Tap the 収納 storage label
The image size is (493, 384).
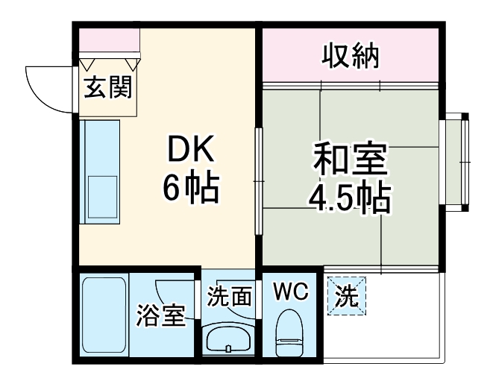[x=351, y=55]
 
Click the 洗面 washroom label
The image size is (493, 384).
[x=229, y=297]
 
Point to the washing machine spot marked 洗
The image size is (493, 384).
[x=348, y=296]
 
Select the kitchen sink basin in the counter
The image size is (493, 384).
[x=103, y=195]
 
